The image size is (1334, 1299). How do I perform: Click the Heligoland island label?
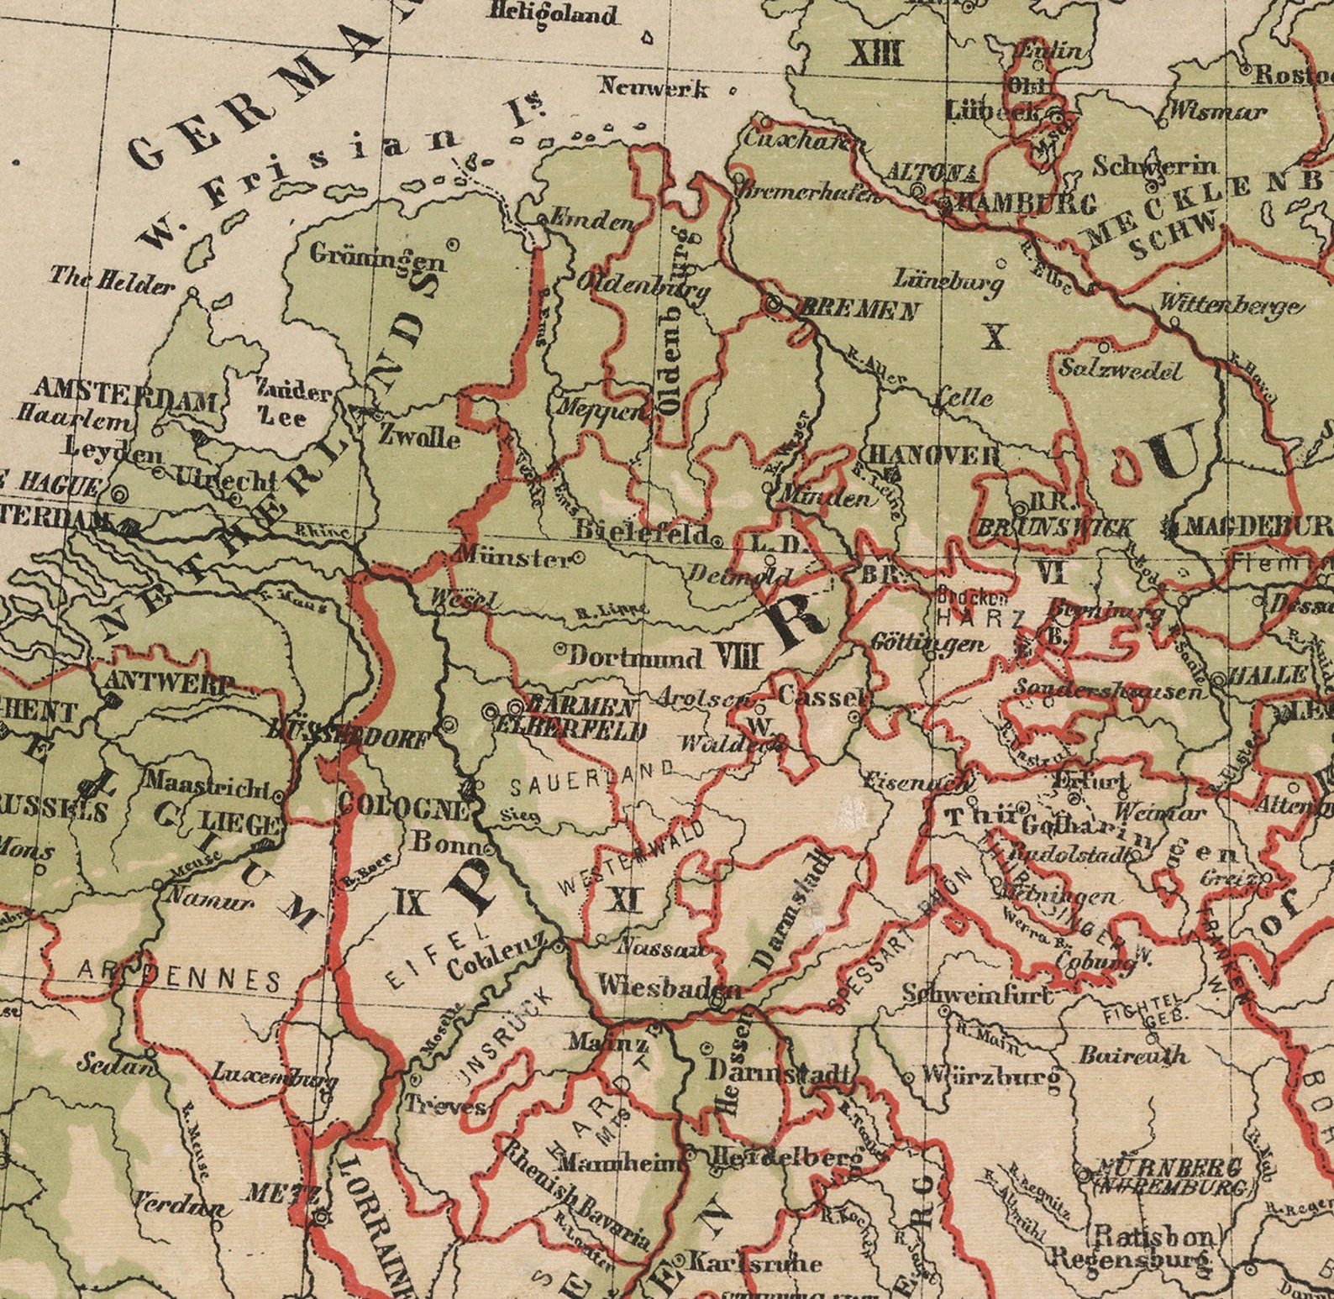[x=554, y=14]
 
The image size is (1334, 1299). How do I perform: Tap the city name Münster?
[x=513, y=557]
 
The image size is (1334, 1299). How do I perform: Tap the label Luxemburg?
[x=274, y=1075]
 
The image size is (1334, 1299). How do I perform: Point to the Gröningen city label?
[x=379, y=255]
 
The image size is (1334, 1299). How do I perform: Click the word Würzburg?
[x=991, y=1076]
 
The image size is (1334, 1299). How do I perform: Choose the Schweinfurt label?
[x=977, y=993]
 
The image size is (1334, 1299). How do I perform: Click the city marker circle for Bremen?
[x=775, y=304]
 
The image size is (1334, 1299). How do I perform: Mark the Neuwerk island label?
[x=654, y=86]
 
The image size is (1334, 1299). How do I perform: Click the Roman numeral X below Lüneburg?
[x=995, y=338]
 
